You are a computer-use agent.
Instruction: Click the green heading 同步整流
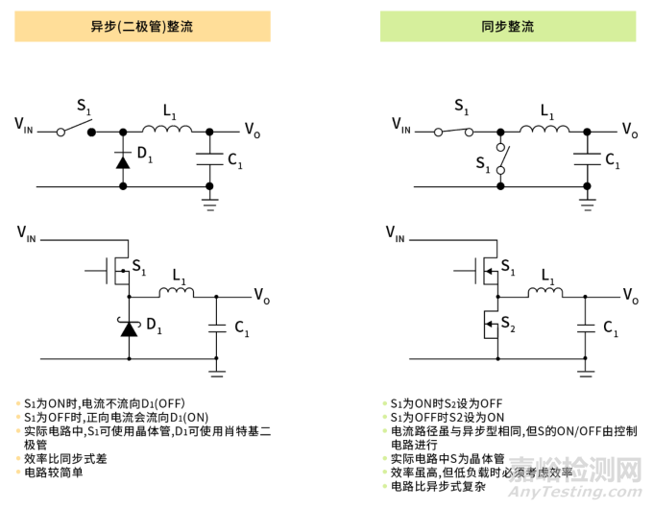point(507,26)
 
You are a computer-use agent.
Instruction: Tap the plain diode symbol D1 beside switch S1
point(123,159)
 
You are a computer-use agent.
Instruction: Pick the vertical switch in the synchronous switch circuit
point(500,158)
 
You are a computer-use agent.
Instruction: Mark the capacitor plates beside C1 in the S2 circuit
point(584,327)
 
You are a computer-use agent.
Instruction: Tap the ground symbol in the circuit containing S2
point(585,366)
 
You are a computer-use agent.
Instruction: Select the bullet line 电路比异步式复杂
point(437,486)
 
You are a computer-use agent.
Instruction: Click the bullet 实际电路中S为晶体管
point(447,459)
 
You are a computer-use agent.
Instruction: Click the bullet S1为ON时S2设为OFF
point(447,403)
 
